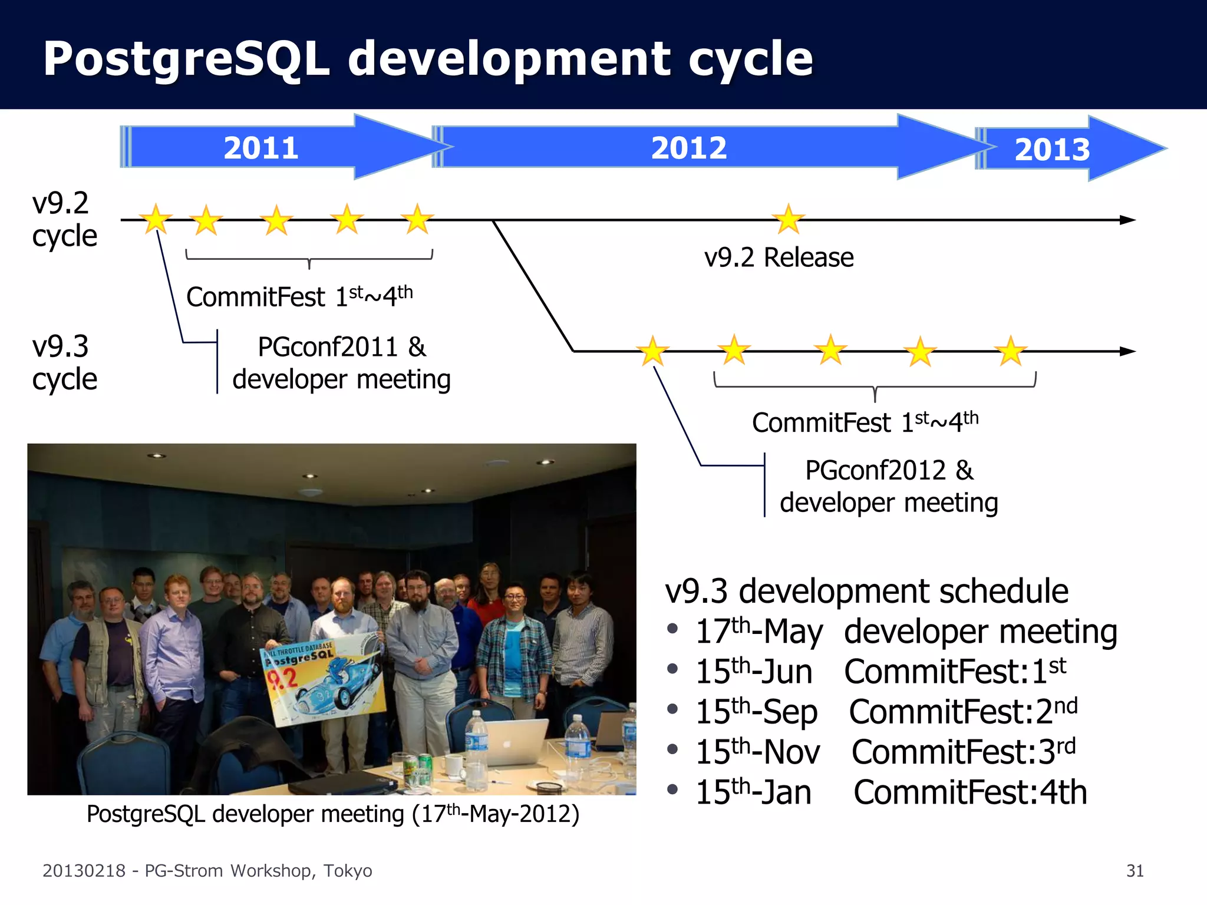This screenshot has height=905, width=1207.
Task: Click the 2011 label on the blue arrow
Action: point(260,148)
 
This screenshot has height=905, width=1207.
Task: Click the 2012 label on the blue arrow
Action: point(688,148)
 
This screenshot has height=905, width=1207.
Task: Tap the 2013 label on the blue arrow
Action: point(1052,150)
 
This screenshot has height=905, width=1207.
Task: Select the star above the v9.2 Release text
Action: point(788,219)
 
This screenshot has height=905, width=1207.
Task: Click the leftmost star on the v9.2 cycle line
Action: point(156,219)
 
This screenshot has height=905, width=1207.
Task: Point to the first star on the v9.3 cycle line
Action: point(653,351)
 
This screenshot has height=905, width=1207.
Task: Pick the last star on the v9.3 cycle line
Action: point(1011,351)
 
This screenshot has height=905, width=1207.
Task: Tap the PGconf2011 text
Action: point(328,346)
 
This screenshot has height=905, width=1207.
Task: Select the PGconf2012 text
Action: point(875,470)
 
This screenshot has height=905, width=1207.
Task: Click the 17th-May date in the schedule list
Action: point(759,632)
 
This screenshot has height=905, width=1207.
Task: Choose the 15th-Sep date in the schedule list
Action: point(756,712)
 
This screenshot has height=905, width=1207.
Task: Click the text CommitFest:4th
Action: point(969,792)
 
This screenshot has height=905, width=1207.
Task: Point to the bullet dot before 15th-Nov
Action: point(672,749)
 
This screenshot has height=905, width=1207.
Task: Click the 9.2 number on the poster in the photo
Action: point(282,680)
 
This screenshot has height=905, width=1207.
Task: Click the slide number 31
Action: point(1135,871)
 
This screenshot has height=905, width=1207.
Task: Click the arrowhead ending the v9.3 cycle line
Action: point(1127,351)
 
